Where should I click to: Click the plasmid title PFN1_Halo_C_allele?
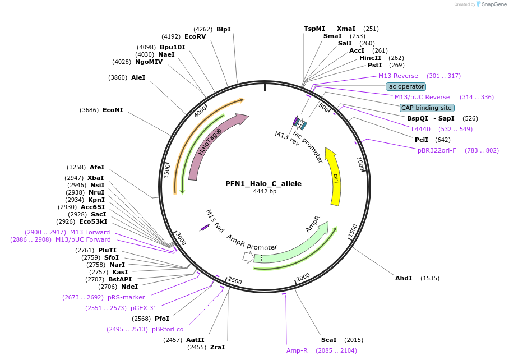263,183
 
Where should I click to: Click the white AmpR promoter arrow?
247,257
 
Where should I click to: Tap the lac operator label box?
406,86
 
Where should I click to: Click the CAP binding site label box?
427,108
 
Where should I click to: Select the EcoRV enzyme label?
195,36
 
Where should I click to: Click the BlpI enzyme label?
223,29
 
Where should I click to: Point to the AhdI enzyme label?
403,278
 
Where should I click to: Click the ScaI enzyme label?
329,340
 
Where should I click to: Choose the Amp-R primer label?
297,350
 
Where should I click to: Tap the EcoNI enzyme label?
113,110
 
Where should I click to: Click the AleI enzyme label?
138,77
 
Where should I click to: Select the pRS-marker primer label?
126,297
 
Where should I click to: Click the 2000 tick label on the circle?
303,277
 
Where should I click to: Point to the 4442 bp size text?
265,191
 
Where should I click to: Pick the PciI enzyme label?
422,140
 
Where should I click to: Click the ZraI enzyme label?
218,347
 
